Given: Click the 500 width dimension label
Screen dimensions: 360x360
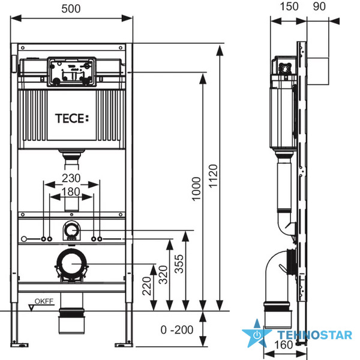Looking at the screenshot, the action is click(x=71, y=9).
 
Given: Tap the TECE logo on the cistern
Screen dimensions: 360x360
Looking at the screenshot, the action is click(x=72, y=118).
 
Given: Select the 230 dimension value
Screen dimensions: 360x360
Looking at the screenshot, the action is click(x=71, y=178).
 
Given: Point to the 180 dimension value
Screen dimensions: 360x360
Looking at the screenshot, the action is click(x=71, y=192).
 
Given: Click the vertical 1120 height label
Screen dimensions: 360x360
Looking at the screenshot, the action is click(x=213, y=176).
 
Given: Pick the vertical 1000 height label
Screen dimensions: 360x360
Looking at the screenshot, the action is click(x=196, y=189).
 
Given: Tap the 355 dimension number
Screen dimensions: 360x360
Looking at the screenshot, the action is click(x=179, y=264).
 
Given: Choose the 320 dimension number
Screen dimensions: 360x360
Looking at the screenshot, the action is click(x=163, y=275).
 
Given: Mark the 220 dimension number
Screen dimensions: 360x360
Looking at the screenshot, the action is click(x=147, y=286).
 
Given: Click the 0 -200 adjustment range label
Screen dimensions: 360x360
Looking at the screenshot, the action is click(x=177, y=330).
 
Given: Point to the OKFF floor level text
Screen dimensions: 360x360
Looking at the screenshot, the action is click(x=44, y=301).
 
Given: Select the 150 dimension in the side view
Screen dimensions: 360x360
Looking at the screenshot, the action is click(x=289, y=6).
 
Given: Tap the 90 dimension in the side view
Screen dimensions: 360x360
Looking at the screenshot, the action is click(x=319, y=6).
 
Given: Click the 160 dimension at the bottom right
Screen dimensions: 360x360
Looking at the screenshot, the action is click(x=284, y=344).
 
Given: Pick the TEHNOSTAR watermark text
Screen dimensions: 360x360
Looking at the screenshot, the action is click(x=315, y=335).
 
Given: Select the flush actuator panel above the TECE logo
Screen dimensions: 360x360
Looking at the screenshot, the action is click(x=71, y=72).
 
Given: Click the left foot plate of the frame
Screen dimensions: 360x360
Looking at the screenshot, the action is click(x=20, y=344).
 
